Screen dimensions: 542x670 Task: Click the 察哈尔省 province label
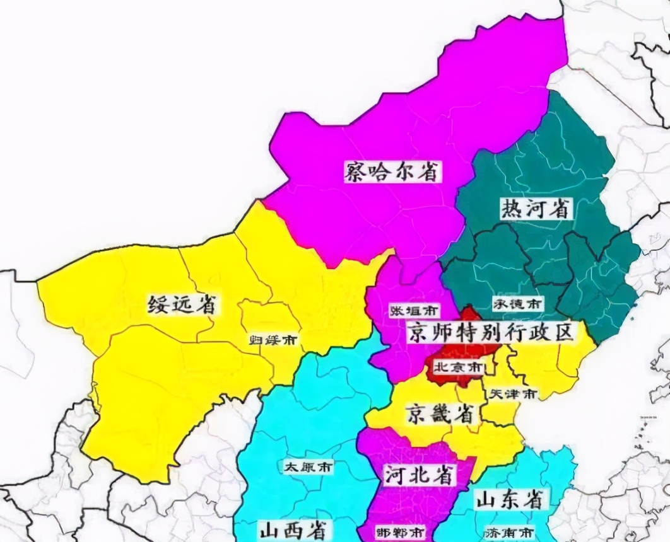click(392, 170)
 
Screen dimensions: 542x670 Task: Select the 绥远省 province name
click(182, 304)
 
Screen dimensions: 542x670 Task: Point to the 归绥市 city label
click(273, 340)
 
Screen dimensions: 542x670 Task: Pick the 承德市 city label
click(516, 304)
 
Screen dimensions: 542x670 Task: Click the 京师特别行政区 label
click(491, 332)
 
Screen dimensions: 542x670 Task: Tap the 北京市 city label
click(459, 366)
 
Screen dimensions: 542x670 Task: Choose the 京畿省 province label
click(440, 413)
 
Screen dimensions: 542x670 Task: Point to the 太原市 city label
click(308, 468)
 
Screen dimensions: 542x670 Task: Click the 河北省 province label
click(420, 475)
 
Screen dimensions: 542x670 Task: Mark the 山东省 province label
click(509, 500)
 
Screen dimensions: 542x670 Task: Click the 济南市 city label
click(509, 531)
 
